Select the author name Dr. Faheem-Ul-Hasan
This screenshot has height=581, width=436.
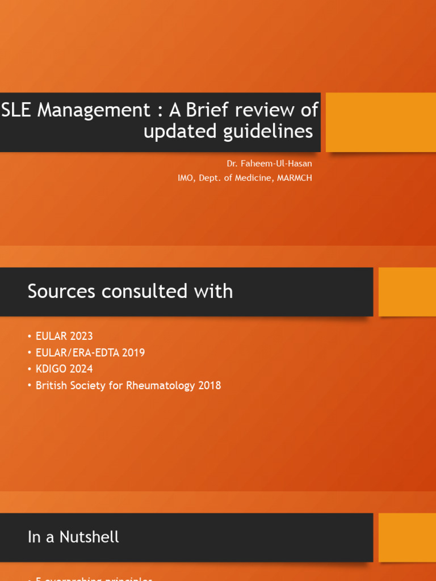pos(269,163)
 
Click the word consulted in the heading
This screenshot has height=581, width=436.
pos(143,291)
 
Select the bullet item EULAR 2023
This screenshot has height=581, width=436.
pos(64,336)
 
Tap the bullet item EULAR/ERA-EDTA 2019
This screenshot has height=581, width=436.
pos(90,352)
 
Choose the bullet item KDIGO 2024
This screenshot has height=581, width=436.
pos(64,369)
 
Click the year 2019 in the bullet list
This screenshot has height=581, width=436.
pos(133,352)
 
